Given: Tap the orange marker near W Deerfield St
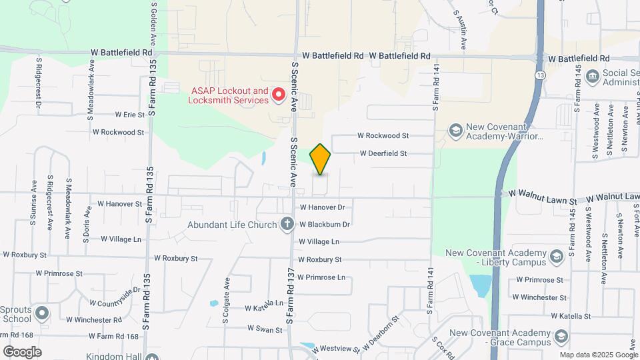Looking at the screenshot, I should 320,159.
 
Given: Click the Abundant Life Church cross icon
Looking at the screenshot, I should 287,224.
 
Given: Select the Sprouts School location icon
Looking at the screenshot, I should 41,312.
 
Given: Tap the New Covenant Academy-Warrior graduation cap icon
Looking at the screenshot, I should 456,130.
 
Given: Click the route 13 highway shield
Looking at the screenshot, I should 539,75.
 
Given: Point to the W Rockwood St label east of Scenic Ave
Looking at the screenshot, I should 383,135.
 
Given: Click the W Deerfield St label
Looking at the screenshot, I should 383,153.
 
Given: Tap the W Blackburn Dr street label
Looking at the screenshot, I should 325,225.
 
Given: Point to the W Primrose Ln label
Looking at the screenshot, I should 321,277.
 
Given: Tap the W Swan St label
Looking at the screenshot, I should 261,329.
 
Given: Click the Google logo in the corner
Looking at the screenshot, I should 22,352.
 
